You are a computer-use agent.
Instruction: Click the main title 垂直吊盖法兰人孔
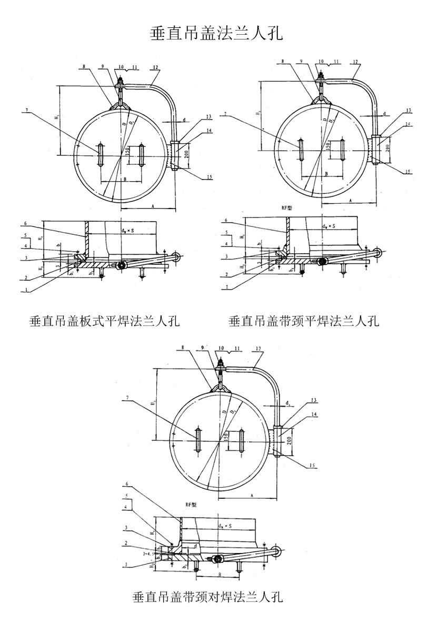pyautogui.click(x=217, y=34)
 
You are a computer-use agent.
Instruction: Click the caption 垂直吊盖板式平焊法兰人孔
pyautogui.click(x=105, y=321)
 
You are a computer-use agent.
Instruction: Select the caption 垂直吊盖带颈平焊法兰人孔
pyautogui.click(x=304, y=321)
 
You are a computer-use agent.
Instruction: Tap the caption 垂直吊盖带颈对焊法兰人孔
pyautogui.click(x=208, y=597)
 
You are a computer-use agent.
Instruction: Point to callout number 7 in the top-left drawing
pyautogui.click(x=25, y=111)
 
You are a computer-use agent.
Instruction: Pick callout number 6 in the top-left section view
pyautogui.click(x=26, y=223)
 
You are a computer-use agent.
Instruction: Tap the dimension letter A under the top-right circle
pyautogui.click(x=351, y=200)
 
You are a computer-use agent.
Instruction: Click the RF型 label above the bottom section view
pyautogui.click(x=191, y=504)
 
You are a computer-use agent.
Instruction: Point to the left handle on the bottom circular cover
pyautogui.click(x=197, y=441)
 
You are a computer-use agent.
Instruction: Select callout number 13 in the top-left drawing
pyautogui.click(x=208, y=117)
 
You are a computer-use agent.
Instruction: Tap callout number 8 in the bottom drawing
pyautogui.click(x=182, y=348)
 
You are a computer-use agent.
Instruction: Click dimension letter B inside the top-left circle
pyautogui.click(x=124, y=180)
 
